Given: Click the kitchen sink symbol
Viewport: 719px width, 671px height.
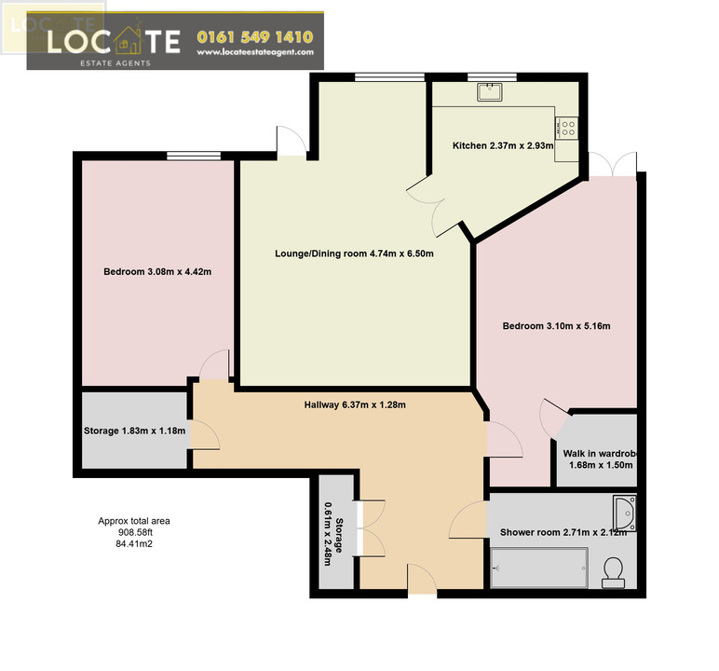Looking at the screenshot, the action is click(x=489, y=91).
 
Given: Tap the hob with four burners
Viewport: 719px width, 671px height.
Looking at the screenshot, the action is click(x=567, y=128).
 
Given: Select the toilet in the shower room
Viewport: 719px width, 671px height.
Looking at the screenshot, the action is click(x=613, y=572).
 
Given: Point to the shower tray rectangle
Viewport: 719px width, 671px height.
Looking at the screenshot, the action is click(x=539, y=568).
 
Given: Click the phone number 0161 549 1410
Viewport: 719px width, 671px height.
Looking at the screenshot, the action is click(x=255, y=37).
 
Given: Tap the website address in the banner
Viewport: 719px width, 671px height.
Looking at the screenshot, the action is click(x=255, y=52).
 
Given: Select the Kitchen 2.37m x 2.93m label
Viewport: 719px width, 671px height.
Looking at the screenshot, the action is click(x=503, y=146).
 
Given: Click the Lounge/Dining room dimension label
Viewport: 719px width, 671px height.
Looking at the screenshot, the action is click(x=354, y=253).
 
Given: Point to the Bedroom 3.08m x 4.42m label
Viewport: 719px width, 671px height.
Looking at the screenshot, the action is click(x=157, y=272).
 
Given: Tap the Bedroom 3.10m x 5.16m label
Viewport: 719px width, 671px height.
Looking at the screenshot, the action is click(x=556, y=326).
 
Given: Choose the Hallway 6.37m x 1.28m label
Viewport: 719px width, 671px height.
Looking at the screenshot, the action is click(x=355, y=404).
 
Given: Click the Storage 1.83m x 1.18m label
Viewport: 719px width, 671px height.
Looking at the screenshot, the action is click(x=134, y=431).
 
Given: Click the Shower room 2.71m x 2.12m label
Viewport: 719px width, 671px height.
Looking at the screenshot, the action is click(x=563, y=532).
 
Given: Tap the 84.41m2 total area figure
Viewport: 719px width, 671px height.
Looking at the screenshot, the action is click(x=134, y=544).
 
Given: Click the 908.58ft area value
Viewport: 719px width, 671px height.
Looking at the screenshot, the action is click(x=134, y=533).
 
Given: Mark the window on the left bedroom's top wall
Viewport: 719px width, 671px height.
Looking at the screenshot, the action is click(x=194, y=156).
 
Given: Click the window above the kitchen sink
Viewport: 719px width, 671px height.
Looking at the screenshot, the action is click(x=492, y=77).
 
